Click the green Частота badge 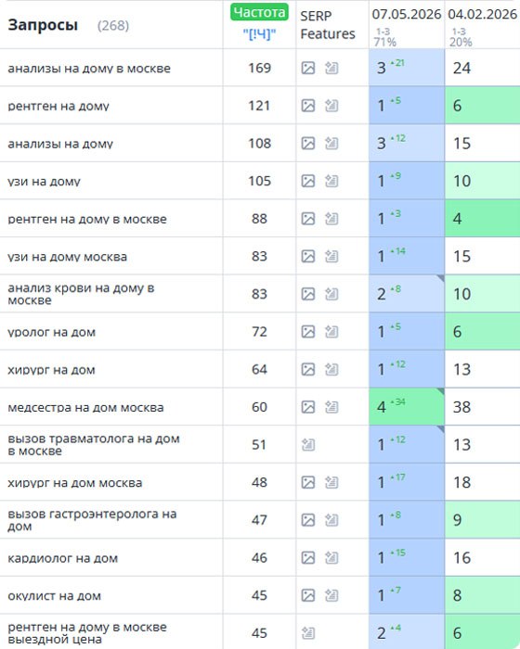click(259, 12)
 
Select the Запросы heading click(43, 25)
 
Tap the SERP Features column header click(328, 25)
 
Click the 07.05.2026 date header click(407, 15)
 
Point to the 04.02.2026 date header click(483, 15)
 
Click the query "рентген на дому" click(58, 106)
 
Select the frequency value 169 click(260, 68)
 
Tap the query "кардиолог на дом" click(63, 558)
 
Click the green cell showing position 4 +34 click(407, 406)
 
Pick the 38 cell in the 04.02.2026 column click(461, 407)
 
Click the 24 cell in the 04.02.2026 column click(461, 68)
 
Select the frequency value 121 click(260, 106)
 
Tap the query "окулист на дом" click(55, 596)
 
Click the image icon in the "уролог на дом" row click(308, 332)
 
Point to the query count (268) click(113, 26)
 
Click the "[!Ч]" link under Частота click(259, 34)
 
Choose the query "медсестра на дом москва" click(85, 408)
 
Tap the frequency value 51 click(259, 444)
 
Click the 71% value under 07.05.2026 click(384, 42)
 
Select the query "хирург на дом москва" click(75, 483)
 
